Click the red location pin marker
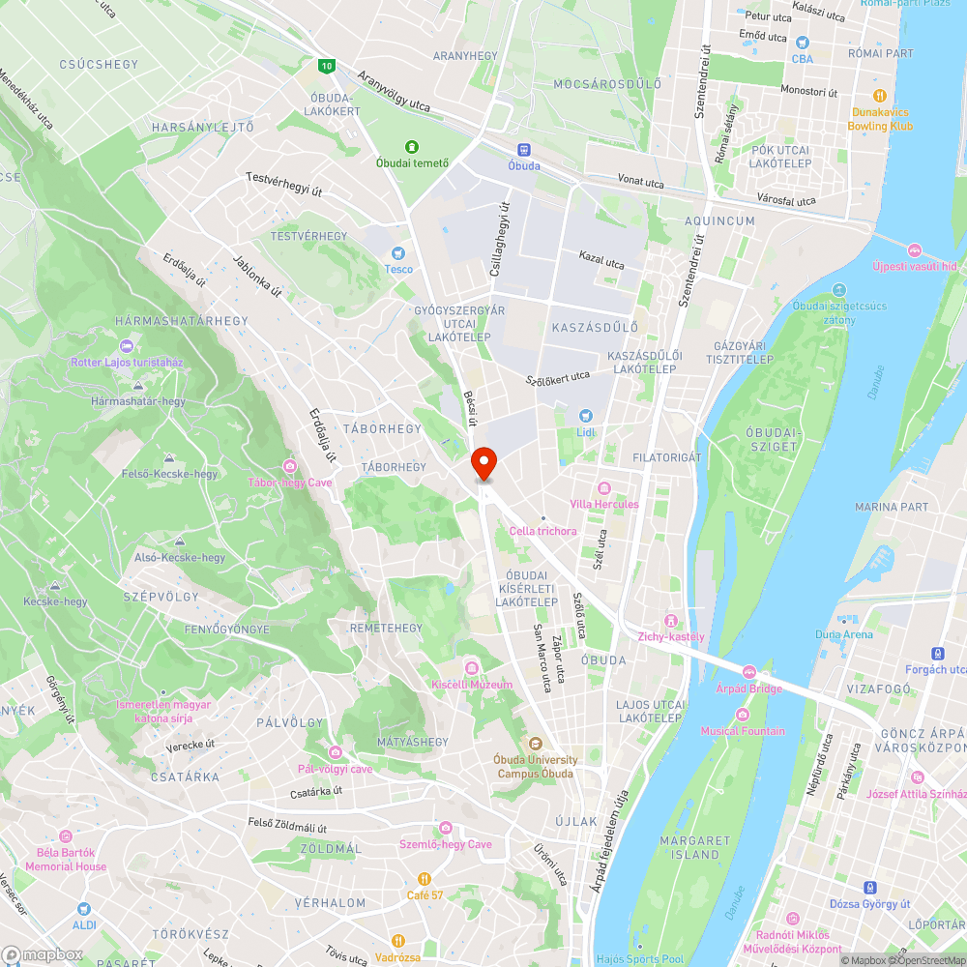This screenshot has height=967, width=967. [483, 463]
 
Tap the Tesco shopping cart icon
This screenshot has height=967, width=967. [398, 251]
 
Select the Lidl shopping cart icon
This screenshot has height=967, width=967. [585, 415]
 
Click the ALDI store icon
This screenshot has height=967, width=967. [83, 909]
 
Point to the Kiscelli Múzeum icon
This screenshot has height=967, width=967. [471, 667]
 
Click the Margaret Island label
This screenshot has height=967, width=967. [695, 847]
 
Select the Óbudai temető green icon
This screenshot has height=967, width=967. [413, 146]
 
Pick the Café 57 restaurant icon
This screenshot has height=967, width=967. [424, 878]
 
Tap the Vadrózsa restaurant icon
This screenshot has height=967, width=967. [397, 941]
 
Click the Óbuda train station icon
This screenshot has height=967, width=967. [524, 150]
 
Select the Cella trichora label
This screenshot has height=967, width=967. [542, 531]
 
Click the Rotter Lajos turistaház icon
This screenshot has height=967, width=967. [126, 346]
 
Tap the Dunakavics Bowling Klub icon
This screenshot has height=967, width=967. [880, 96]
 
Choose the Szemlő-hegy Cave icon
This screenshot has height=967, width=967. [445, 828]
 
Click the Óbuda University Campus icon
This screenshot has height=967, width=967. [535, 743]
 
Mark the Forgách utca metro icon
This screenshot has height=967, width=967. [935, 653]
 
